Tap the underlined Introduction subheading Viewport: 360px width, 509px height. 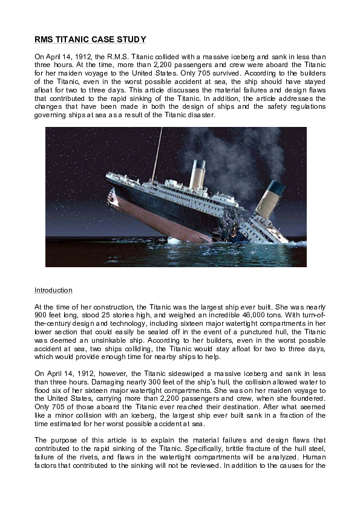tap(53, 290)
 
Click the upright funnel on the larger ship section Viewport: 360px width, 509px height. tap(197, 174)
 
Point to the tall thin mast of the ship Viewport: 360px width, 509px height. tap(157, 154)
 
